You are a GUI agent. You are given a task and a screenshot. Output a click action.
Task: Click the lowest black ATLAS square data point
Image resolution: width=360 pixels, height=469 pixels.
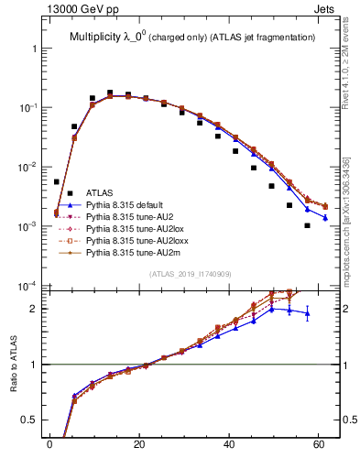[x=308, y=225]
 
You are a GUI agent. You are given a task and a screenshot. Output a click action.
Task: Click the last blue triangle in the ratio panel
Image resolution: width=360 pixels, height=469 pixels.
[x=308, y=313]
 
